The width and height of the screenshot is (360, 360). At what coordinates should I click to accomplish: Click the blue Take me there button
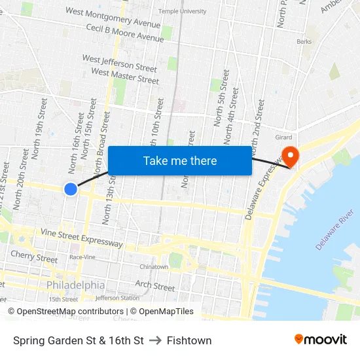coord(180,160)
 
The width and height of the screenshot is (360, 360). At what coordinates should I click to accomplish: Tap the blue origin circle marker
coord(71,189)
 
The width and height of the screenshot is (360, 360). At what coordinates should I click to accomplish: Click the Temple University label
coord(182,11)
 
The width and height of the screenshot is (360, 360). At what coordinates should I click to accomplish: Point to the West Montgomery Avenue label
coord(113,18)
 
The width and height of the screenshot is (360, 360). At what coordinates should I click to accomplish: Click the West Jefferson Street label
coord(119,63)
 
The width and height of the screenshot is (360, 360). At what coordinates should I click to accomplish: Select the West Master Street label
coord(125,77)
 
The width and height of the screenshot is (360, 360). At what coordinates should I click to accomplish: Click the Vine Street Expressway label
coord(81,238)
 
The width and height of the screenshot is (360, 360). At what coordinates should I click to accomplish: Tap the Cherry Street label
coord(34,257)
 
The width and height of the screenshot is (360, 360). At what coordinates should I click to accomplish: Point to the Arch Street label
coord(154,286)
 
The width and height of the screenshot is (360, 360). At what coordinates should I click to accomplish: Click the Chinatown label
coord(154,266)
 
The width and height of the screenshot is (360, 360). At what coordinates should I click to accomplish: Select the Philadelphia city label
coord(75,285)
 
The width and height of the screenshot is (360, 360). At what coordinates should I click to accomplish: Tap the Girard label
coord(283,137)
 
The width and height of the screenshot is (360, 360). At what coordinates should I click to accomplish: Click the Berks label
coord(304,41)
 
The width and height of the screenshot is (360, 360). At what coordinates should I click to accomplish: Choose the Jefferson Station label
coord(117,298)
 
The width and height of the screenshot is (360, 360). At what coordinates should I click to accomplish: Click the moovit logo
coord(321,340)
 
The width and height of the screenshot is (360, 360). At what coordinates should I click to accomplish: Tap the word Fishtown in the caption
coord(189,340)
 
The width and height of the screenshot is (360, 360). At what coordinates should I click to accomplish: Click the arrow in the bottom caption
coord(155,340)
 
